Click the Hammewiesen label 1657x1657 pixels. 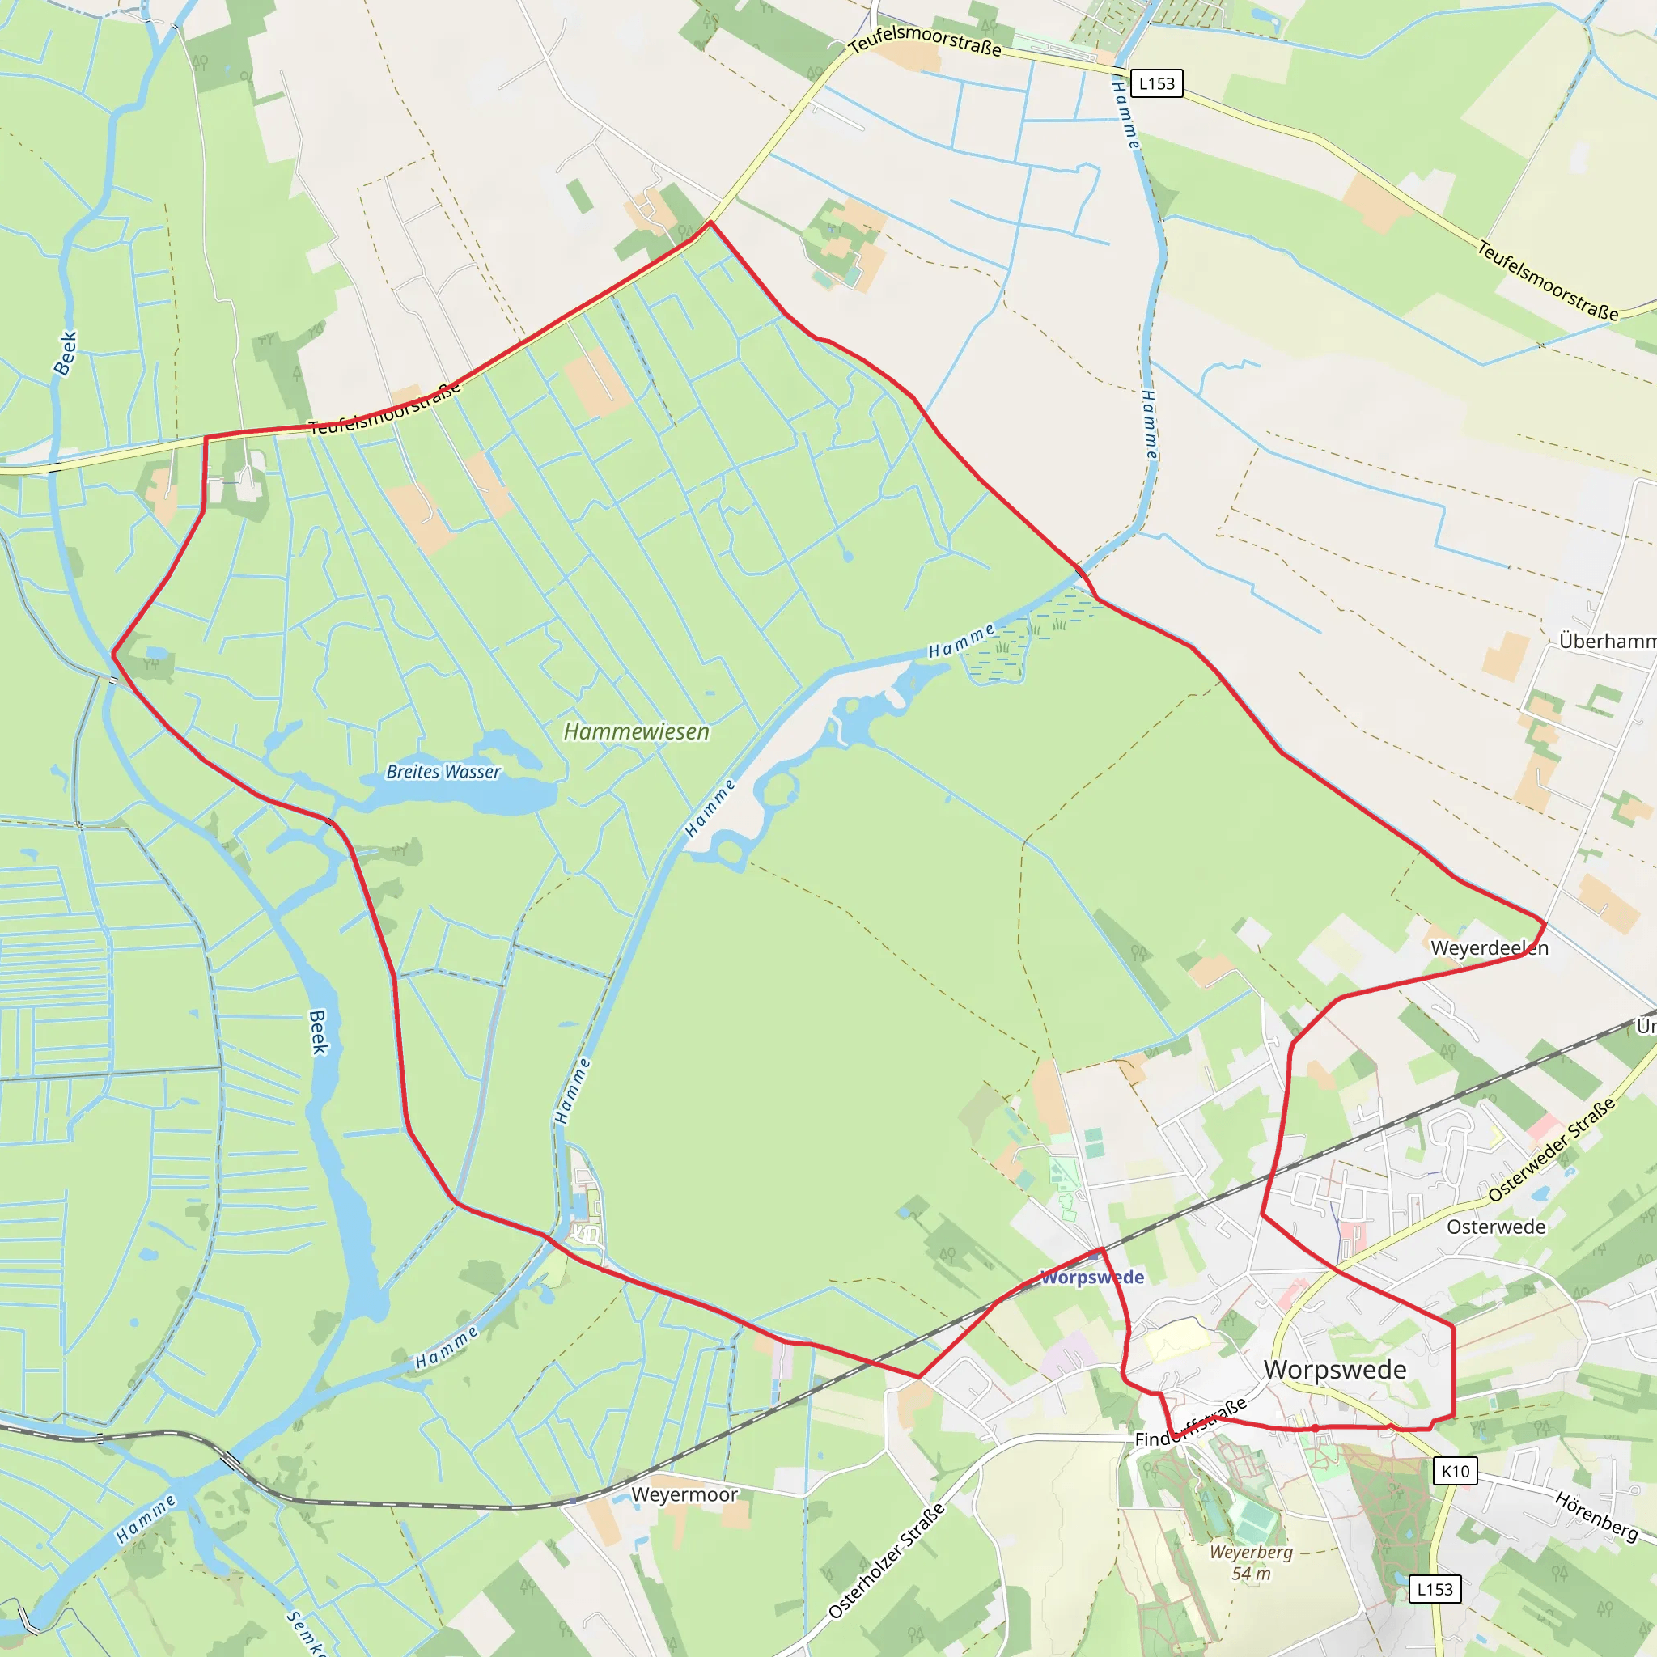637,731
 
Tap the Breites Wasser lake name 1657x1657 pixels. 443,772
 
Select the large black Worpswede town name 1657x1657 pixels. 1335,1370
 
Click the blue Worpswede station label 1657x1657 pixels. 1091,1277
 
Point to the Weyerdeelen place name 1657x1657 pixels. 1490,947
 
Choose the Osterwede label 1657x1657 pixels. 1496,1227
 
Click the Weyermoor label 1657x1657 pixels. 684,1495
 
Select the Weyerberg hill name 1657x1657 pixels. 1252,1552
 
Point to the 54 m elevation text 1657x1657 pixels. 1252,1573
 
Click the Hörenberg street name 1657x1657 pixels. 1596,1515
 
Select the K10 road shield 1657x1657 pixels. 1456,1472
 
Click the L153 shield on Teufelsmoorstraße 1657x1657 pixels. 1157,83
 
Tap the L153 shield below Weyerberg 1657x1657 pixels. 1435,1589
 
